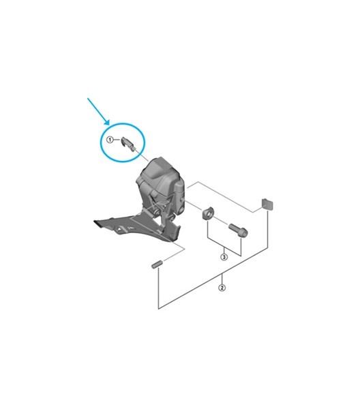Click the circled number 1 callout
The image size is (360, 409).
(110, 140)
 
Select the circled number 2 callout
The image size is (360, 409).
(222, 288)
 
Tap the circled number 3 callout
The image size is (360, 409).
(223, 258)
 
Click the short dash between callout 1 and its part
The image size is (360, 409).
(117, 140)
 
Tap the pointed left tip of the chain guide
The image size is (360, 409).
(95, 222)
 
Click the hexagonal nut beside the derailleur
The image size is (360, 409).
(208, 214)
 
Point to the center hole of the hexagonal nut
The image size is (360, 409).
(207, 214)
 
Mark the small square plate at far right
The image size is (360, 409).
(267, 203)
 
